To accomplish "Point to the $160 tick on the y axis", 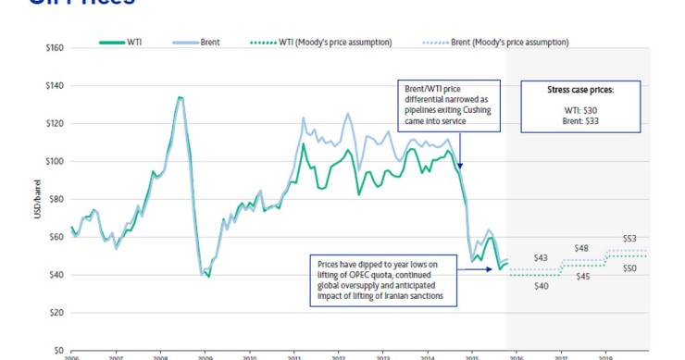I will coord(53,47).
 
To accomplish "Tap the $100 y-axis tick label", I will coord(53,161).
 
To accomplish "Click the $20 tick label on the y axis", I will coord(55,313).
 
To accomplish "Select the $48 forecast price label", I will coord(581,248).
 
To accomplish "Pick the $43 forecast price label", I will coord(542,257).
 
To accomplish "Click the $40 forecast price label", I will coord(542,286).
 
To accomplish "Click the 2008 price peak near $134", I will coord(180,97).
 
